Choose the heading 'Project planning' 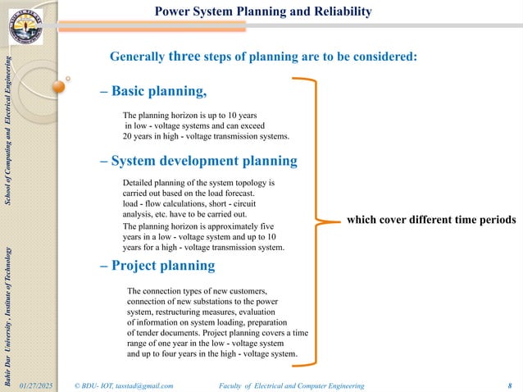[x=157, y=266]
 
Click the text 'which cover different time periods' [x=431, y=220]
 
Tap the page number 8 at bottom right [x=510, y=385]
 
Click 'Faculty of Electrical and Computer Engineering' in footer [x=293, y=385]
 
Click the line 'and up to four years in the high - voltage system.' [x=212, y=354]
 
